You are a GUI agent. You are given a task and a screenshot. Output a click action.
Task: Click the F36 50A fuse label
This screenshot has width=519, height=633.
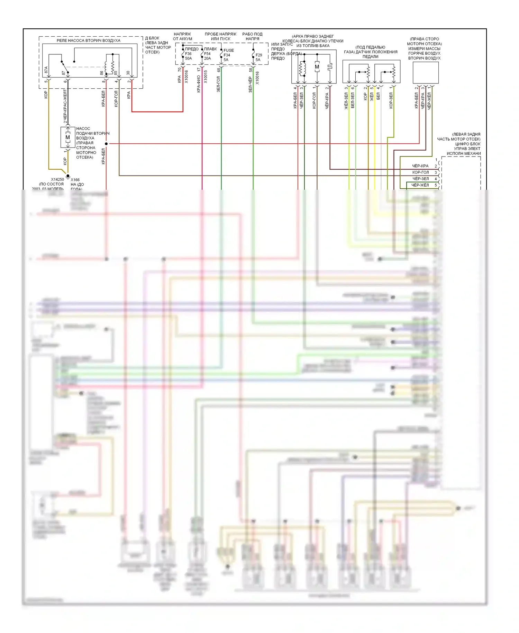tap(188, 56)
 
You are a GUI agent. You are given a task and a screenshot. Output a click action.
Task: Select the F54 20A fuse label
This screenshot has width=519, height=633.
tap(207, 56)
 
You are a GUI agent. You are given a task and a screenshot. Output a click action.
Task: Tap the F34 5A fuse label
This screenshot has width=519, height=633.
tap(227, 57)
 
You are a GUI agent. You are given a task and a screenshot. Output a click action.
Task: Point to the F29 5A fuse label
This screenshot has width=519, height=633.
tap(258, 57)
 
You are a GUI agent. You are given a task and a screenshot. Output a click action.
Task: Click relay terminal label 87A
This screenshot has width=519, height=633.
tap(46, 70)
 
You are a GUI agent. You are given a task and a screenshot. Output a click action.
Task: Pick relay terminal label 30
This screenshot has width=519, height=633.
tap(128, 73)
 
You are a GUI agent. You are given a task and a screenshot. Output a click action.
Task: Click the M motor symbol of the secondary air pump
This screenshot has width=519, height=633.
tap(68, 137)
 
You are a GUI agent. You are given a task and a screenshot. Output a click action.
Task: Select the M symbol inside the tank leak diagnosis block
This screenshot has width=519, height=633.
tap(317, 67)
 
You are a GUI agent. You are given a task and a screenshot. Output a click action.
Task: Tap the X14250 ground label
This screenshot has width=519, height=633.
tap(57, 179)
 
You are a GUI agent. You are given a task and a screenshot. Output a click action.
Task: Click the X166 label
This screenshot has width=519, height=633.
tap(75, 180)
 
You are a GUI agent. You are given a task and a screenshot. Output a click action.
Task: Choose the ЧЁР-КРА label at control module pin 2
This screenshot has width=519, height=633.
tap(420, 166)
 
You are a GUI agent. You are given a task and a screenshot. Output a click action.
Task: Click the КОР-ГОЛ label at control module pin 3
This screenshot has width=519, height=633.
tap(420, 172)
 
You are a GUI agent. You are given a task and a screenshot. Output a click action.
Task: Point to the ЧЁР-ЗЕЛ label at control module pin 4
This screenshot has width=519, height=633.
tap(420, 179)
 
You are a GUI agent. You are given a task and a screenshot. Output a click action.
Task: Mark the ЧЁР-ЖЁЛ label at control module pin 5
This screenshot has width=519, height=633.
tap(420, 185)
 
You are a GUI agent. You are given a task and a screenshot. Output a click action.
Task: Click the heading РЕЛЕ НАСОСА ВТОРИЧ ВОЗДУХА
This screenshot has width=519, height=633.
tap(89, 41)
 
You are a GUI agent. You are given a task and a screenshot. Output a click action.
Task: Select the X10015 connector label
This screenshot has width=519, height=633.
tap(206, 77)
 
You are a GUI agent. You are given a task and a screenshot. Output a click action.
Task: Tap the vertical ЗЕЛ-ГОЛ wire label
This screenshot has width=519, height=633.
tap(218, 84)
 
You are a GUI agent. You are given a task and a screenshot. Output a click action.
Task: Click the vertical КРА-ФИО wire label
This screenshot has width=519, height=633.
tap(199, 84)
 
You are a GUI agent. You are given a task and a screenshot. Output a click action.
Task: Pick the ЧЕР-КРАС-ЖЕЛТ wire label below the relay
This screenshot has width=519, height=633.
tap(65, 106)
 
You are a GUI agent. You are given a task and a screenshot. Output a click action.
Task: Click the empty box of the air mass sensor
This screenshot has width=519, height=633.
tap(426, 72)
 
